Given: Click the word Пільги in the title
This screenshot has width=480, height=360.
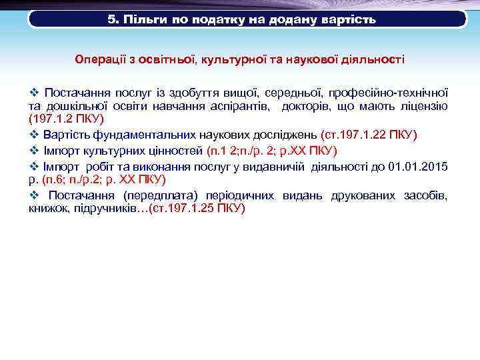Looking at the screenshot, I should (141, 19).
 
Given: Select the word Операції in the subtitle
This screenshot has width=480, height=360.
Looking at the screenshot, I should (100, 59).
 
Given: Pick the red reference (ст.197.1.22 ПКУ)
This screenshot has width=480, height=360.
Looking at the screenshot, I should (369, 134).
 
